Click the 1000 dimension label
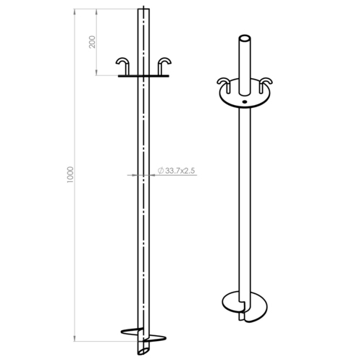pos(70,174)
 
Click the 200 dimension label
pos(92,42)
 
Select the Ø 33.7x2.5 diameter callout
pos(176,171)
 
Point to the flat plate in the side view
pos(143,76)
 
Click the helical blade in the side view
pos(143,335)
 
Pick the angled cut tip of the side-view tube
pos(143,350)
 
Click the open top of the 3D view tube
pos(245,38)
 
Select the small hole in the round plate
pos(245,102)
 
